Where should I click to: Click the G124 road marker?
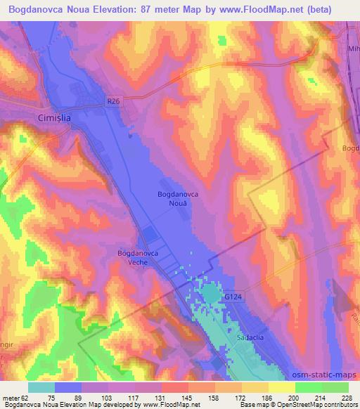click(233, 298)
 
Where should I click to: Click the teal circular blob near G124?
click(211, 292)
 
